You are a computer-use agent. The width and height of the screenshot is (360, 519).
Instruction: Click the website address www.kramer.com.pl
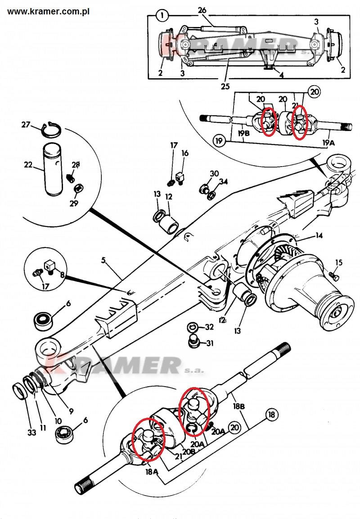(x=49, y=11)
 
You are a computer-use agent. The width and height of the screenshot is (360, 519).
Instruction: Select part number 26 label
(x=202, y=10)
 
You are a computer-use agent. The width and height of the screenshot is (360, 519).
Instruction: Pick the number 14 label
(x=319, y=235)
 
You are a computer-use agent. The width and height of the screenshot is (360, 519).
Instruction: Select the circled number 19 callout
(x=219, y=141)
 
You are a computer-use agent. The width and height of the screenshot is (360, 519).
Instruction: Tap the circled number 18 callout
(x=272, y=414)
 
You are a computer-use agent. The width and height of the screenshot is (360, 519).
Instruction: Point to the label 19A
(x=329, y=142)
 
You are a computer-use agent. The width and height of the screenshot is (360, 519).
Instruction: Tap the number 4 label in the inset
(x=281, y=75)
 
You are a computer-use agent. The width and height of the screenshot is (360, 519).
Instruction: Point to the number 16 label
(x=185, y=153)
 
